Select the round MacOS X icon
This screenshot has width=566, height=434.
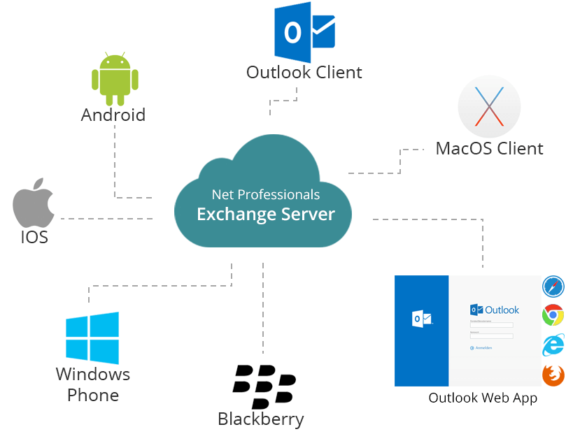coord(489,108)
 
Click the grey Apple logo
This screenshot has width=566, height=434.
coord(34,202)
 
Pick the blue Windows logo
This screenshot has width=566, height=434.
coord(92,338)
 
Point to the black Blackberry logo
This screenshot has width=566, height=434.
coord(264,386)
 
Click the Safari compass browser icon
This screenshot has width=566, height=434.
coord(553,287)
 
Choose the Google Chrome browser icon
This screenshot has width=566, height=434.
coord(553,316)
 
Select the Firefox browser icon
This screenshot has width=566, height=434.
coord(553,375)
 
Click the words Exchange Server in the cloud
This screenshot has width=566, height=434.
coord(266,214)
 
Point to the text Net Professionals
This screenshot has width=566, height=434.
coord(266,194)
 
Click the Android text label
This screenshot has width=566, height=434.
coord(113,115)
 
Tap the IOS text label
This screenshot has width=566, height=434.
coord(34,237)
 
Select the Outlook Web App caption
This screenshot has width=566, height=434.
coord(483,398)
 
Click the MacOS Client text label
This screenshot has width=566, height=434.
coord(489,148)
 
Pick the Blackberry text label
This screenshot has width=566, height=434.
coord(261,419)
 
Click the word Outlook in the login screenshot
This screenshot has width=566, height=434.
coord(502,310)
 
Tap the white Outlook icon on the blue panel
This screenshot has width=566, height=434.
coord(422,319)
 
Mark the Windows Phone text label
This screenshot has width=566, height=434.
coord(93,384)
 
